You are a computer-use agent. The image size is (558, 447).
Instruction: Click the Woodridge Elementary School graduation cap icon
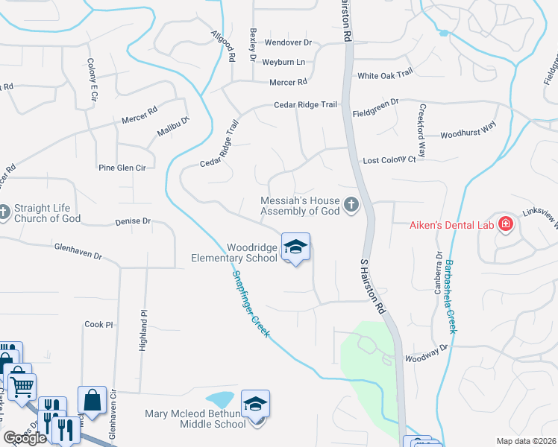[x=295, y=247]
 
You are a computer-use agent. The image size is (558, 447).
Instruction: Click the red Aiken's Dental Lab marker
[x=506, y=224]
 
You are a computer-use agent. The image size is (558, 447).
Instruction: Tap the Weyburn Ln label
[x=285, y=62]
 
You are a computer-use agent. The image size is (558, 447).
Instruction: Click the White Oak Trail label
[x=385, y=75]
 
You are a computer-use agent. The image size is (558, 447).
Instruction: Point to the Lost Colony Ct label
[x=389, y=160]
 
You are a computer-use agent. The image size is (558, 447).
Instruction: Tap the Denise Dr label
[x=133, y=221]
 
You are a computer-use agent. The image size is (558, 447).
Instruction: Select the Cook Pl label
[x=98, y=324]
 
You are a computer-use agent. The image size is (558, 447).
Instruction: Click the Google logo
[x=25, y=438]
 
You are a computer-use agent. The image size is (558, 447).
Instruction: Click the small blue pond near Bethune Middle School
[x=219, y=400]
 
